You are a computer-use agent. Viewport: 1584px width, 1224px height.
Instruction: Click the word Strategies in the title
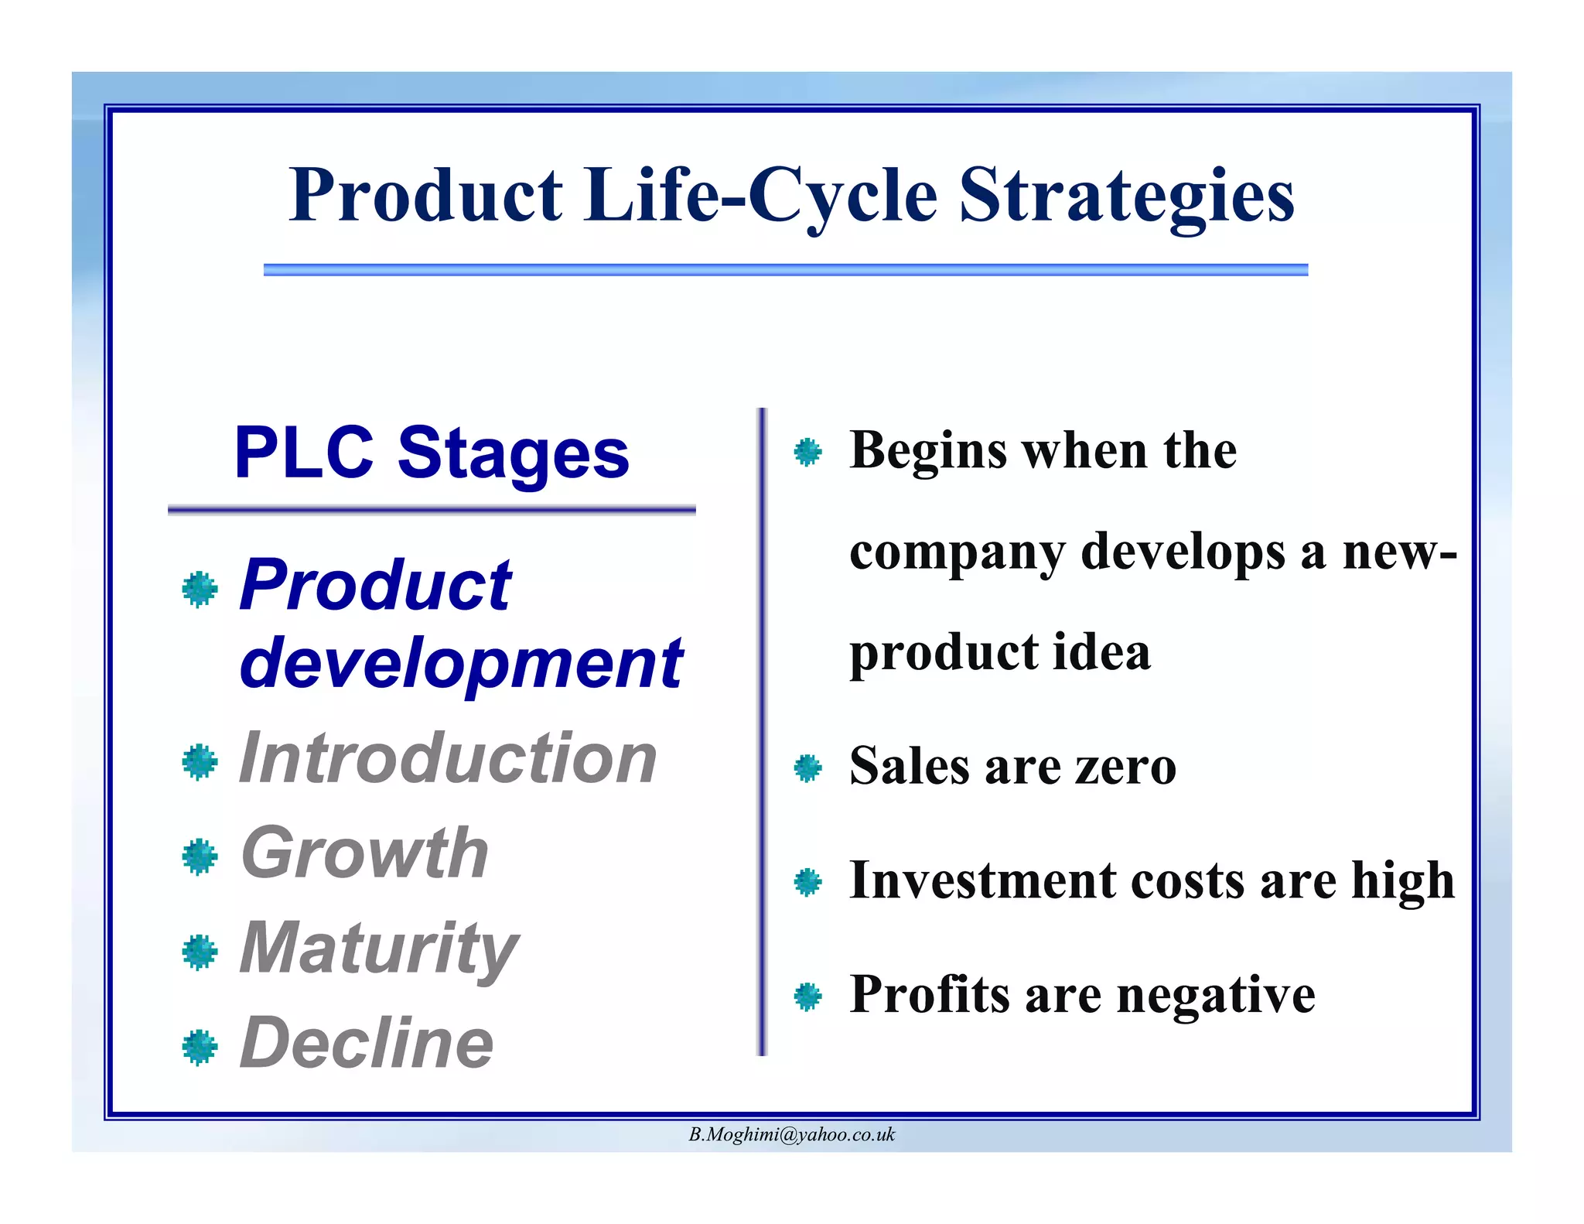pyautogui.click(x=1126, y=195)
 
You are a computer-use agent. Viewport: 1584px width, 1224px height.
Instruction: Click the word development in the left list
pyautogui.click(x=461, y=663)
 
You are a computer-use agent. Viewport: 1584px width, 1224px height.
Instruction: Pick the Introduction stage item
pyautogui.click(x=448, y=759)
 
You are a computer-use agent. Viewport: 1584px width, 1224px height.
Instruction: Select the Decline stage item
pyautogui.click(x=367, y=1044)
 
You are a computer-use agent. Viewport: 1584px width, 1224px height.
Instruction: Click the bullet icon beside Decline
pyautogui.click(x=200, y=1047)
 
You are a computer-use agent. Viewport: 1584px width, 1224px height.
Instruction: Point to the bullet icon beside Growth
pyautogui.click(x=200, y=856)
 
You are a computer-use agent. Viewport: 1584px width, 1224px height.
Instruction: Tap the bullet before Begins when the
pyautogui.click(x=807, y=452)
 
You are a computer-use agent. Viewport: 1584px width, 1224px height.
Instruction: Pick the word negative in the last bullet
pyautogui.click(x=1216, y=995)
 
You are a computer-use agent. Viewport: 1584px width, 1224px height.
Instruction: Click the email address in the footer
pyautogui.click(x=791, y=1135)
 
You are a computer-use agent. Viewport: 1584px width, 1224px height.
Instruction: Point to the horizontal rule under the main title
pyautogui.click(x=785, y=269)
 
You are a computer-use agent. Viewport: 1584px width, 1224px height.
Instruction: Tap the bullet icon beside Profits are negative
pyautogui.click(x=807, y=997)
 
